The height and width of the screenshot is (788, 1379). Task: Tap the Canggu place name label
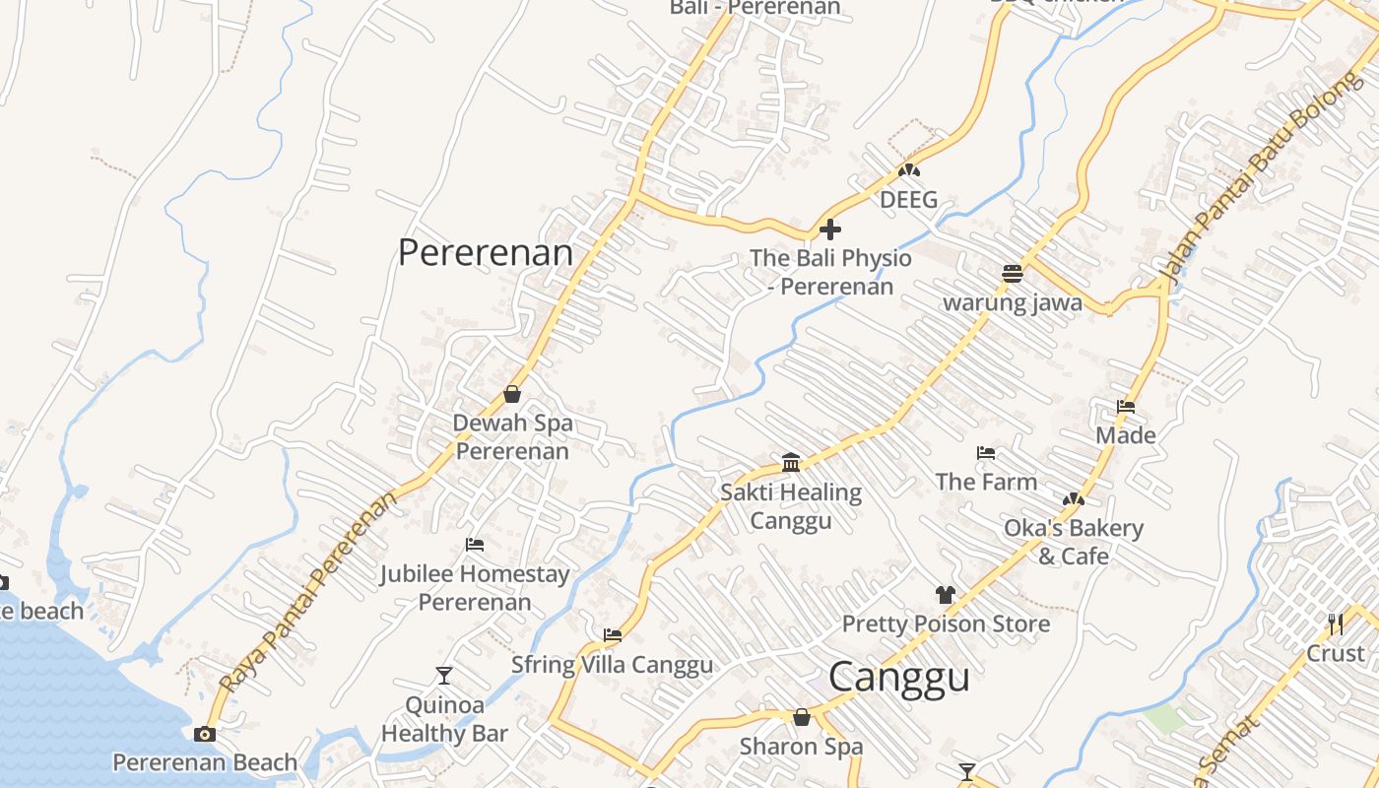point(898,678)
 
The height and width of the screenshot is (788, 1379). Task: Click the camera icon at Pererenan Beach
point(205,734)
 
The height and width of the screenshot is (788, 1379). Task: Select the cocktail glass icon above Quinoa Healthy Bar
point(444,676)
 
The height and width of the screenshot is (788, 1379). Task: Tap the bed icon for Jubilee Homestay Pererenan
point(475,545)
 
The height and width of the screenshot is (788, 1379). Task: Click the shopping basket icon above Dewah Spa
point(512,395)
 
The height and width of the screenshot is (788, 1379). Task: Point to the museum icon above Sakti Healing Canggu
point(791,462)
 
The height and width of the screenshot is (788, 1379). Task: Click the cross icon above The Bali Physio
point(830,230)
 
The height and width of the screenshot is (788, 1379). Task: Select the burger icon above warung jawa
point(1013,274)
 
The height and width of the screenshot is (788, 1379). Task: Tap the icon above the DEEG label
point(908,170)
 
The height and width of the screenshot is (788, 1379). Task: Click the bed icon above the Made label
point(1126,407)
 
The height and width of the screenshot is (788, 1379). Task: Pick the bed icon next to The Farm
point(986,453)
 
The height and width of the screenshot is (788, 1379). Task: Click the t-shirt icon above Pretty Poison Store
point(946,595)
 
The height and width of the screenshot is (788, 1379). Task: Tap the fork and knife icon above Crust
point(1336,624)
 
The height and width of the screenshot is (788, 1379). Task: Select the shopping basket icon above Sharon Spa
point(802,717)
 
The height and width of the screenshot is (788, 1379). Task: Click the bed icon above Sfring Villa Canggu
point(613,635)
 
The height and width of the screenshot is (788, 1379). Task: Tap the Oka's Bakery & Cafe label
point(1074,542)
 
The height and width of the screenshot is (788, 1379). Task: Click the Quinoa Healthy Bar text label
point(444,719)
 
